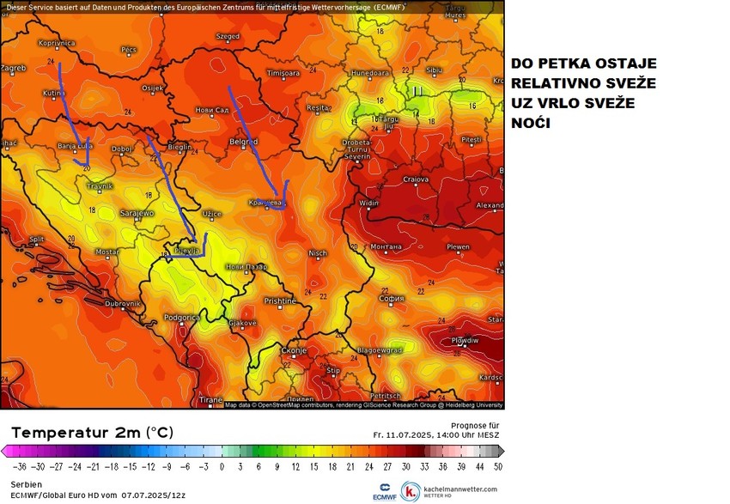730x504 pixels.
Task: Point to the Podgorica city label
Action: point(182,317)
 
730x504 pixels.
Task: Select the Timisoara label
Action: point(283,74)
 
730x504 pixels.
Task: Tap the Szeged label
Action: point(228,37)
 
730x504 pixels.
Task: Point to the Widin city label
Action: point(369,203)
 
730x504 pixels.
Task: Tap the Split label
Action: point(37,240)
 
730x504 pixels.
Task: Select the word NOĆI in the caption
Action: point(531,124)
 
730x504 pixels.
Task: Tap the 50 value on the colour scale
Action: point(497,466)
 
